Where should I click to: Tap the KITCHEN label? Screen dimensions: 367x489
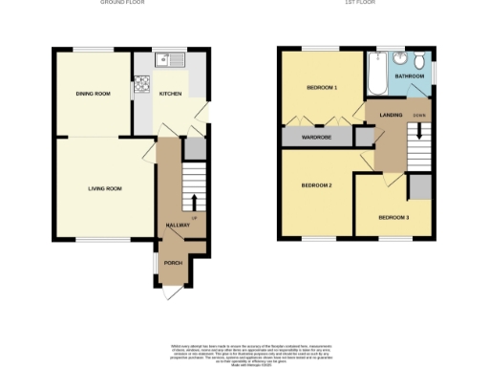(170, 94)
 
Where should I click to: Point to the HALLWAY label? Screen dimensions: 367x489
(179, 226)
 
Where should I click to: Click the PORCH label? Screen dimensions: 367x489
(174, 263)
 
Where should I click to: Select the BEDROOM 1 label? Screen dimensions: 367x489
(322, 88)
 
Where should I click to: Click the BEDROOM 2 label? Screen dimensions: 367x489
(316, 184)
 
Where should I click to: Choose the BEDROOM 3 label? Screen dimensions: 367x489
(393, 217)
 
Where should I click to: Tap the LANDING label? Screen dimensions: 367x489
(391, 116)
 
